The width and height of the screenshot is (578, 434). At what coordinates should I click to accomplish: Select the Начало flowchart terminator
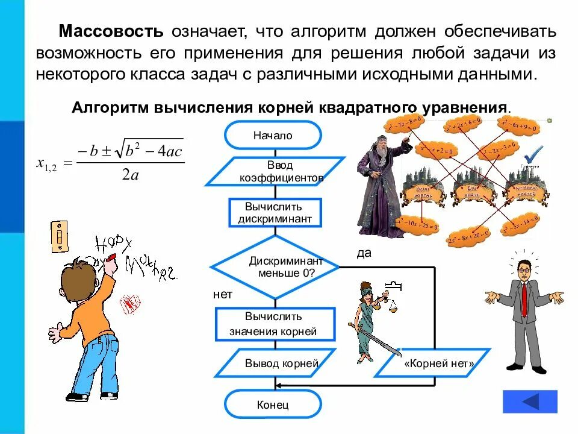pyautogui.click(x=273, y=135)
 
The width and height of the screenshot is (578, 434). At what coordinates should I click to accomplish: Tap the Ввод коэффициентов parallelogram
pyautogui.click(x=275, y=172)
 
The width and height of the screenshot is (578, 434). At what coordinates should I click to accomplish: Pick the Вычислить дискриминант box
pyautogui.click(x=275, y=212)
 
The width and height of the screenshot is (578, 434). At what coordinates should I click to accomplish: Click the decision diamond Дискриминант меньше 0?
pyautogui.click(x=275, y=266)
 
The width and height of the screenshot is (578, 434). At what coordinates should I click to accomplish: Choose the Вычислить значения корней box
pyautogui.click(x=275, y=324)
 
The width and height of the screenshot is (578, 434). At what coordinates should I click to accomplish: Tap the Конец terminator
pyautogui.click(x=273, y=404)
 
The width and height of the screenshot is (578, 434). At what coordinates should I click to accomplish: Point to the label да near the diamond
pyautogui.click(x=364, y=253)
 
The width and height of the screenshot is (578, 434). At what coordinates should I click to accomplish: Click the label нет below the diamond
pyautogui.click(x=222, y=295)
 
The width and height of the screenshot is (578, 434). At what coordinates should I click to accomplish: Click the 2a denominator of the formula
pyautogui.click(x=130, y=175)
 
